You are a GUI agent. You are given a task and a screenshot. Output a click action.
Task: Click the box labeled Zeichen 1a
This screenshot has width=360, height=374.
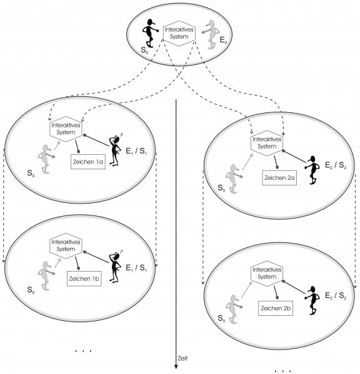[88, 162]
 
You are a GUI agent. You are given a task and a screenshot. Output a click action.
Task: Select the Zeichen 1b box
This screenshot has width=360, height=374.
[84, 278]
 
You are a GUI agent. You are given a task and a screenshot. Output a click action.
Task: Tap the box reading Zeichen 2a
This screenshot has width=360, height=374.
[279, 178]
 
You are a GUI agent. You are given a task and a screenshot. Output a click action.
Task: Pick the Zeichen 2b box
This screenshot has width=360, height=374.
[276, 308]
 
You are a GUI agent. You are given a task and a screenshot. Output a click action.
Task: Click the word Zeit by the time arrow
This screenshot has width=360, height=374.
[182, 358]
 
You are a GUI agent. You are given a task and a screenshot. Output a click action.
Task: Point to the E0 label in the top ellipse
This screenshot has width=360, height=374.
[223, 40]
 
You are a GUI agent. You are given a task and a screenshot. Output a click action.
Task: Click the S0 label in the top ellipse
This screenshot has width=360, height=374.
[144, 51]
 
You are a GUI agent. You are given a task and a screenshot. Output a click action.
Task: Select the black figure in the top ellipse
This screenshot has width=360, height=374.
[150, 33]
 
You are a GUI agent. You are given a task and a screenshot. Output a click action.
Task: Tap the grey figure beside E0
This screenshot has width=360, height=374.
[211, 34]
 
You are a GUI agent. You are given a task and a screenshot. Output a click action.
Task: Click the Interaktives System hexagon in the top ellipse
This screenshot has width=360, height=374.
[179, 33]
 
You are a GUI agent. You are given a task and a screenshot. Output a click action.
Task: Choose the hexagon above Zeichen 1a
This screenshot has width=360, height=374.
[66, 129]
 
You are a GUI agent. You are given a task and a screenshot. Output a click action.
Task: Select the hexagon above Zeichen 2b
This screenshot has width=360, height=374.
[267, 273]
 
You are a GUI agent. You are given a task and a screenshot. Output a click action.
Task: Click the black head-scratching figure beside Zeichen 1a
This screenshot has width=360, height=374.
[116, 150]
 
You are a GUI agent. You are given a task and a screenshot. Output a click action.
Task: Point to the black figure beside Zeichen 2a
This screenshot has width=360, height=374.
[312, 170]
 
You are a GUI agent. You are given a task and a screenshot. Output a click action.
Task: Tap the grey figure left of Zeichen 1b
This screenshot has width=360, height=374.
[46, 276]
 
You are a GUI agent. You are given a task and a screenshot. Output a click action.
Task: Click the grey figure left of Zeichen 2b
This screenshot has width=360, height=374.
[233, 309]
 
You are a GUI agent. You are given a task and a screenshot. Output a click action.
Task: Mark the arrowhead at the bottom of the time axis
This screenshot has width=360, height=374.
[176, 367]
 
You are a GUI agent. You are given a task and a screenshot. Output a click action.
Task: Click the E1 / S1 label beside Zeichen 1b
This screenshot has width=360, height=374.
[136, 268]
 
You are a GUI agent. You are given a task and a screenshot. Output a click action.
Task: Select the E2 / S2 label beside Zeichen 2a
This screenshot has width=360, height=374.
[336, 165]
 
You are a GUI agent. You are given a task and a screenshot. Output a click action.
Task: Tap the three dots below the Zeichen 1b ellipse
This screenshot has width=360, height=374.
[83, 351]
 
